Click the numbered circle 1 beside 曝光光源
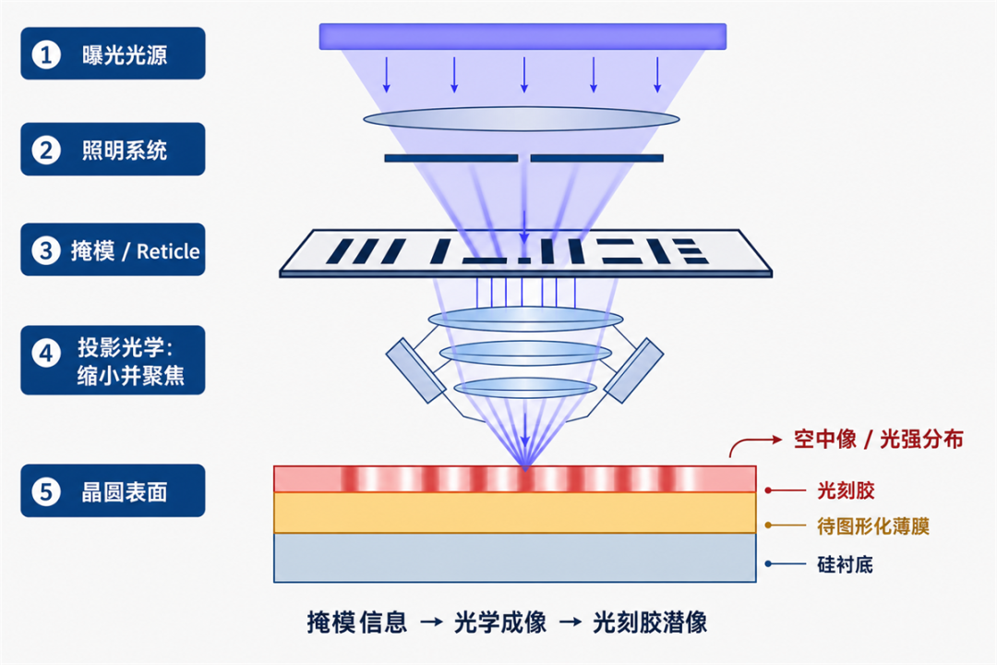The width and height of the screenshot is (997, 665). tap(46, 54)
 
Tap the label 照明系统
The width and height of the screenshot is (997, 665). tap(125, 151)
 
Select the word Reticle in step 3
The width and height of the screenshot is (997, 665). tap(168, 251)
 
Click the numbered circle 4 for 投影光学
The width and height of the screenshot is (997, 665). tap(46, 353)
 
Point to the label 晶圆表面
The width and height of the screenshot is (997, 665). tap(125, 492)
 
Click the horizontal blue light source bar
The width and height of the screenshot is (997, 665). tap(523, 36)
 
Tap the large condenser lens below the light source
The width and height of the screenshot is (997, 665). tap(522, 119)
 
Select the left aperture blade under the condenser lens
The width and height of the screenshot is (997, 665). tap(450, 158)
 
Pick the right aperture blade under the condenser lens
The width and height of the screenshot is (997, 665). tap(597, 158)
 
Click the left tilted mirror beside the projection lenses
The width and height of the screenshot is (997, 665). tap(415, 371)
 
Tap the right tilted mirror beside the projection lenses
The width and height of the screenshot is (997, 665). tap(633, 370)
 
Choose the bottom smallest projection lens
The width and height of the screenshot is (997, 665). tap(525, 388)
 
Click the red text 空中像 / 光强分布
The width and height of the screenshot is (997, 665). tap(878, 439)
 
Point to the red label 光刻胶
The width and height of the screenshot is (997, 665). tap(846, 490)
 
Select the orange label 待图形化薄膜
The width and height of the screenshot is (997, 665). tap(873, 526)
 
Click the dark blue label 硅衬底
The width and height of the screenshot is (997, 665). tap(845, 564)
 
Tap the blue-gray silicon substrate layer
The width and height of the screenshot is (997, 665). tap(515, 558)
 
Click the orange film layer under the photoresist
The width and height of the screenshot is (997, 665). tap(515, 513)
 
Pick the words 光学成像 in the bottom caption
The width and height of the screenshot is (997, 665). tap(500, 623)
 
